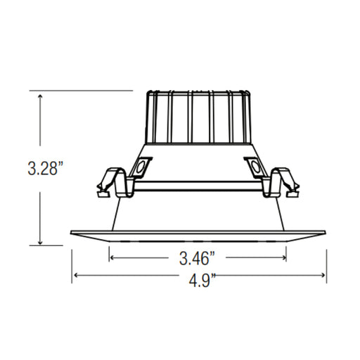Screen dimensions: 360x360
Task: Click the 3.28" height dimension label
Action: click(44, 169)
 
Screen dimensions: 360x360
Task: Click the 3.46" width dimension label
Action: click(198, 257)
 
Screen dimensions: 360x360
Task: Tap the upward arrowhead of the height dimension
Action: click(41, 96)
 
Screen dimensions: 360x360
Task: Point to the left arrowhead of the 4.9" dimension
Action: click(75, 275)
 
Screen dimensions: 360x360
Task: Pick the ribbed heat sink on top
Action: click(198, 116)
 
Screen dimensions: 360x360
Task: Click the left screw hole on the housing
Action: click(141, 167)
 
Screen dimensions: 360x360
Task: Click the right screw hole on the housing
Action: click(253, 167)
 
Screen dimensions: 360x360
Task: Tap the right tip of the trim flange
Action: click(326, 233)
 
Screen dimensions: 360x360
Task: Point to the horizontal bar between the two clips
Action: click(198, 188)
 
